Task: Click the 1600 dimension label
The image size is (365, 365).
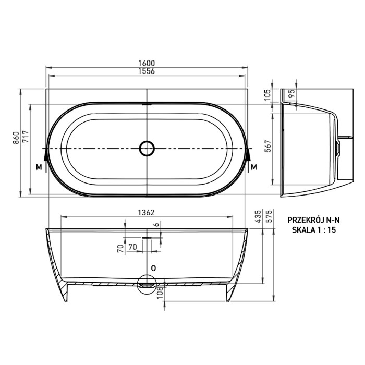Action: (147, 63)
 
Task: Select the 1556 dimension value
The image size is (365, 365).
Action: (147, 71)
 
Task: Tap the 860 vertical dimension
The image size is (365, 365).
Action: (16, 138)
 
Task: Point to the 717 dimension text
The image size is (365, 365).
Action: (25, 137)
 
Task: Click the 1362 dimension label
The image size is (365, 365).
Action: (146, 213)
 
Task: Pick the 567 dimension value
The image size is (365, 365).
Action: (268, 146)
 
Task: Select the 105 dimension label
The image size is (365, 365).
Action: (267, 95)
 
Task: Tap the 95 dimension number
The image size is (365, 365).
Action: (291, 93)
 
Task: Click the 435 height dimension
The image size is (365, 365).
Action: (259, 216)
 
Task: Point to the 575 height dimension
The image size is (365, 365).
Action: (269, 216)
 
